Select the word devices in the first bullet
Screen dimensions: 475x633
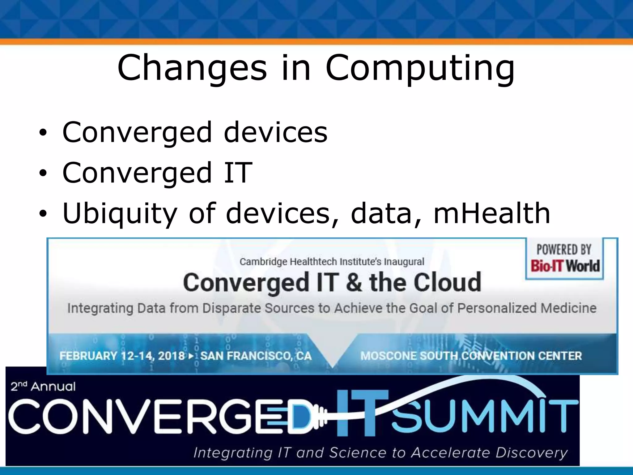coord(275,132)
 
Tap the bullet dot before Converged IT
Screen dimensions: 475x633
coord(43,173)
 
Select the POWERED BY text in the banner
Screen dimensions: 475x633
coord(564,250)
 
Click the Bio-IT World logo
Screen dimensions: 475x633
coord(565,266)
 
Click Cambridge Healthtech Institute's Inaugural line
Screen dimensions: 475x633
coord(332,262)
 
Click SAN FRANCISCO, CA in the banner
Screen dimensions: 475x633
coord(256,356)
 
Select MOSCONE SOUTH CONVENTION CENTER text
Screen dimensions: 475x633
coord(471,356)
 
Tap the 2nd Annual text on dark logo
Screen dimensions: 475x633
coord(43,387)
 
